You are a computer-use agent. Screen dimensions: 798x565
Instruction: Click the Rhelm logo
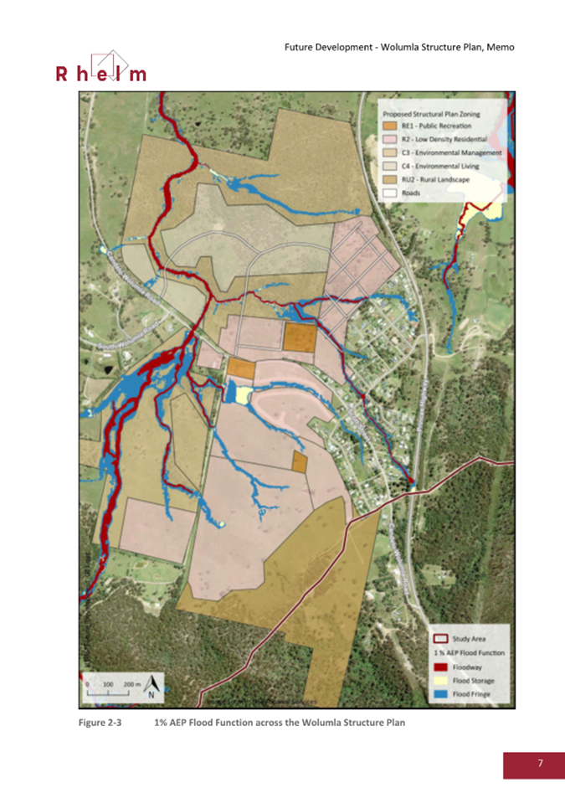point(100,68)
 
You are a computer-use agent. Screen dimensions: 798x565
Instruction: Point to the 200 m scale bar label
point(131,684)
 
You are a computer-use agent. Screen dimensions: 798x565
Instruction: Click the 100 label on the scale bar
point(108,684)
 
